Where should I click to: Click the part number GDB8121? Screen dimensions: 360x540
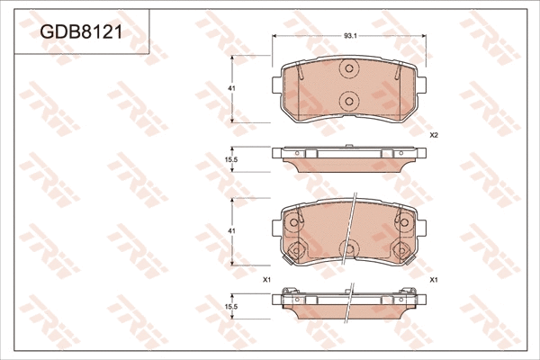(82, 32)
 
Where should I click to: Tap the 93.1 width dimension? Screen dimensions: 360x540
(350, 36)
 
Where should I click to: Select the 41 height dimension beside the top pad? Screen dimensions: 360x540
(232, 89)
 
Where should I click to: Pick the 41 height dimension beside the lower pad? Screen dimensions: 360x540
(232, 231)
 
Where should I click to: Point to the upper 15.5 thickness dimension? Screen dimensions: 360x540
(230, 159)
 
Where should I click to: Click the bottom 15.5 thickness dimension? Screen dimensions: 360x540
(230, 306)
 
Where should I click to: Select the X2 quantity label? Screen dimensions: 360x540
(434, 135)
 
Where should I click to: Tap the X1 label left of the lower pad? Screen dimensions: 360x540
(266, 280)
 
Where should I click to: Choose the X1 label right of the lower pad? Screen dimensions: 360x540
(434, 280)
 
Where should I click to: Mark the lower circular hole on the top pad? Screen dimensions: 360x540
(349, 101)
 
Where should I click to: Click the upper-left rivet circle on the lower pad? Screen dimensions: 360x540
(292, 220)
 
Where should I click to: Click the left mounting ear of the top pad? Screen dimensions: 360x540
(276, 84)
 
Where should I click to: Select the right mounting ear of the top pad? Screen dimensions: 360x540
(423, 84)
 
